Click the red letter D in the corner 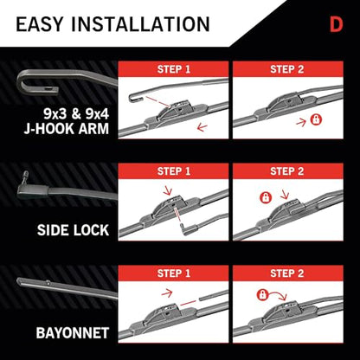337,25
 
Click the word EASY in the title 39,24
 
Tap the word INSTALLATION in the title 140,24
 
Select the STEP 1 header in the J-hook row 174,69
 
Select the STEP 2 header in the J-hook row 287,69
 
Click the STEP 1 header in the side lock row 174,171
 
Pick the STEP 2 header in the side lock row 287,171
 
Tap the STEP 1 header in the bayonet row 174,273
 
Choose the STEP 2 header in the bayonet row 287,273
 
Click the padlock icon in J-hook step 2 316,119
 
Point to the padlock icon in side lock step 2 266,197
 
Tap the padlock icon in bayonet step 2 262,295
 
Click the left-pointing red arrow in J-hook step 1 202,127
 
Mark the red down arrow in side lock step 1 167,190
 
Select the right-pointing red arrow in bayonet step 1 167,293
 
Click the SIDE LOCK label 73,230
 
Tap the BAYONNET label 73,333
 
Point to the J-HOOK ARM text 67,128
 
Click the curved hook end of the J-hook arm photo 21,85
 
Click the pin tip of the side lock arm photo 26,173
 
